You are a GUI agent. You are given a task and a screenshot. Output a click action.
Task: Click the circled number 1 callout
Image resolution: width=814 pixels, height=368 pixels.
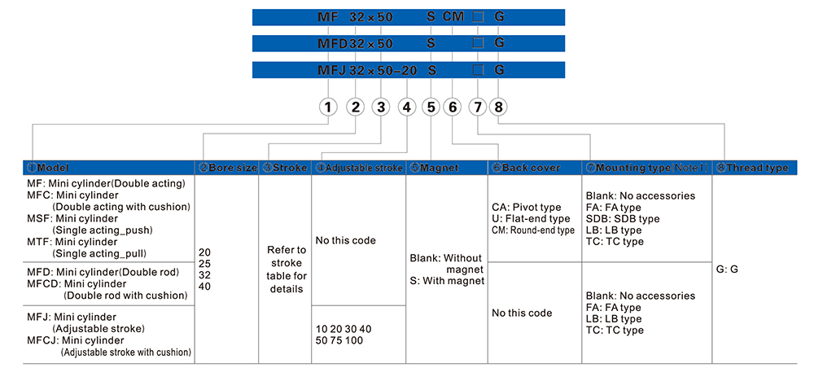[x=328, y=107]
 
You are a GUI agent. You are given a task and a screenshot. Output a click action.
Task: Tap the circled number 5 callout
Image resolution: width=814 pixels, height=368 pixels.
[x=431, y=107]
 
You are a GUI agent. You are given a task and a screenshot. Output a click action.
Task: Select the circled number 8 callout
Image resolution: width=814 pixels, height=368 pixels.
[x=500, y=107]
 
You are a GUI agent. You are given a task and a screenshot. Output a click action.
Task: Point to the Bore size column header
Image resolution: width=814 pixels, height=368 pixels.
[x=229, y=168]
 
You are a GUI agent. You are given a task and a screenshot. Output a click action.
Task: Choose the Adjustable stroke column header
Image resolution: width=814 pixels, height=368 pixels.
[x=359, y=168]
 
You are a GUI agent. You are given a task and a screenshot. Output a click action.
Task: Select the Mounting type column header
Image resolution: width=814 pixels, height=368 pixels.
[x=646, y=168]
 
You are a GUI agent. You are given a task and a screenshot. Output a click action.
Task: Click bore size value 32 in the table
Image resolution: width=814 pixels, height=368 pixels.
[x=205, y=275]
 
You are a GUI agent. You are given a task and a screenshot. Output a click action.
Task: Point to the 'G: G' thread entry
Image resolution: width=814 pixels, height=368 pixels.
[x=728, y=269]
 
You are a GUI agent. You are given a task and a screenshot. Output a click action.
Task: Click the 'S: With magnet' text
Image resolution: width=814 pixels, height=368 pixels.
[x=447, y=281]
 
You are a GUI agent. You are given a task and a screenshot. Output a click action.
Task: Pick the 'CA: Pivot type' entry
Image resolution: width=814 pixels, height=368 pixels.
[x=527, y=207]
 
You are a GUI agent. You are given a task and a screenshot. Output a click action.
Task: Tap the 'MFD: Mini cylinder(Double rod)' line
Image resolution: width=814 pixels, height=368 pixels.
[x=103, y=271]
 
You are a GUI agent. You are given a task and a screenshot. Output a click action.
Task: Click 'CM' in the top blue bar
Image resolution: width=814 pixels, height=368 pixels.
[x=453, y=16]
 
